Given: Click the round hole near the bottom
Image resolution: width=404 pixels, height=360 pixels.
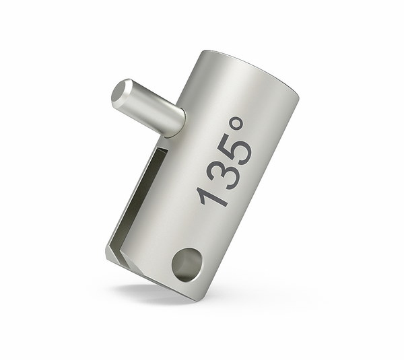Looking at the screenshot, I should pyautogui.click(x=186, y=263).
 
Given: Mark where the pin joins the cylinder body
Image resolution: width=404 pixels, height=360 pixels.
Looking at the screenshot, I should pyautogui.click(x=176, y=121).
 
